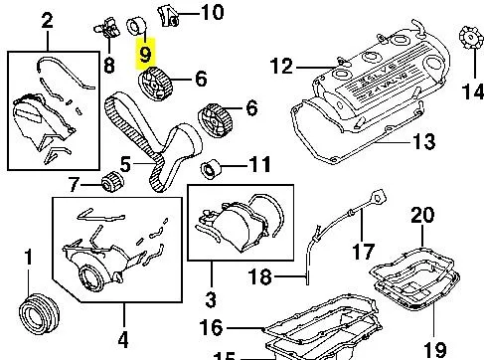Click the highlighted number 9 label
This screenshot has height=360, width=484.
[146, 50]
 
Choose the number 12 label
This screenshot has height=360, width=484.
[282, 67]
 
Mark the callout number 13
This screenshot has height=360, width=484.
[424, 142]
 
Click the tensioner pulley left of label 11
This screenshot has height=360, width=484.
[210, 164]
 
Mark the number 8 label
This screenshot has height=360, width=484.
[109, 65]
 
